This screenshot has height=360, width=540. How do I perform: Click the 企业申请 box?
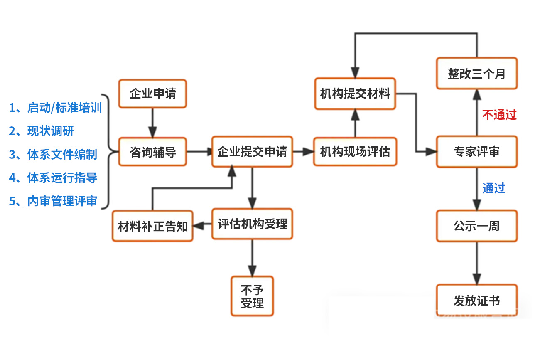pyautogui.click(x=152, y=94)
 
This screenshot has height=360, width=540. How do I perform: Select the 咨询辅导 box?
pyautogui.click(x=152, y=152)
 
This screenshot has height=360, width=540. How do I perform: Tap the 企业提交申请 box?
pyautogui.click(x=252, y=152)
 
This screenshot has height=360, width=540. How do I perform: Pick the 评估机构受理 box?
pyautogui.click(x=252, y=224)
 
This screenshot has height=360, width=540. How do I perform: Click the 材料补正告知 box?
pyautogui.click(x=152, y=226)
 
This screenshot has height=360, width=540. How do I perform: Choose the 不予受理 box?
pyautogui.click(x=252, y=296)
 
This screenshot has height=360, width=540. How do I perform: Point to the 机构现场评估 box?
pyautogui.click(x=355, y=152)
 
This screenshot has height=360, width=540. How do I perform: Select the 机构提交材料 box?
pyautogui.click(x=355, y=94)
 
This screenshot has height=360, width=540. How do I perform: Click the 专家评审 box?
pyautogui.click(x=476, y=152)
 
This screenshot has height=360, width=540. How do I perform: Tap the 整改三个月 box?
pyautogui.click(x=476, y=74)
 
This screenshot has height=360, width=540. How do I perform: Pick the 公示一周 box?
pyautogui.click(x=476, y=226)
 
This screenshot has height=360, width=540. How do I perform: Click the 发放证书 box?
pyautogui.click(x=476, y=301)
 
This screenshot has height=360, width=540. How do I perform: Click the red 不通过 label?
pyautogui.click(x=499, y=115)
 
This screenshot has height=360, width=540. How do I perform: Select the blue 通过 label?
pyautogui.click(x=493, y=188)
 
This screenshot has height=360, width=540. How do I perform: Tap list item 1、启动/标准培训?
pyautogui.click(x=55, y=108)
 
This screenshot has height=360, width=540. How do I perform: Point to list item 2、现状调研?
pyautogui.click(x=42, y=131)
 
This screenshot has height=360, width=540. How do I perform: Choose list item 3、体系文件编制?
pyautogui.click(x=53, y=155)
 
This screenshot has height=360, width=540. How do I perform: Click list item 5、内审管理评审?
pyautogui.click(x=53, y=201)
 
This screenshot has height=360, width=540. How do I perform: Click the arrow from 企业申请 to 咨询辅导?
pyautogui.click(x=152, y=123)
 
